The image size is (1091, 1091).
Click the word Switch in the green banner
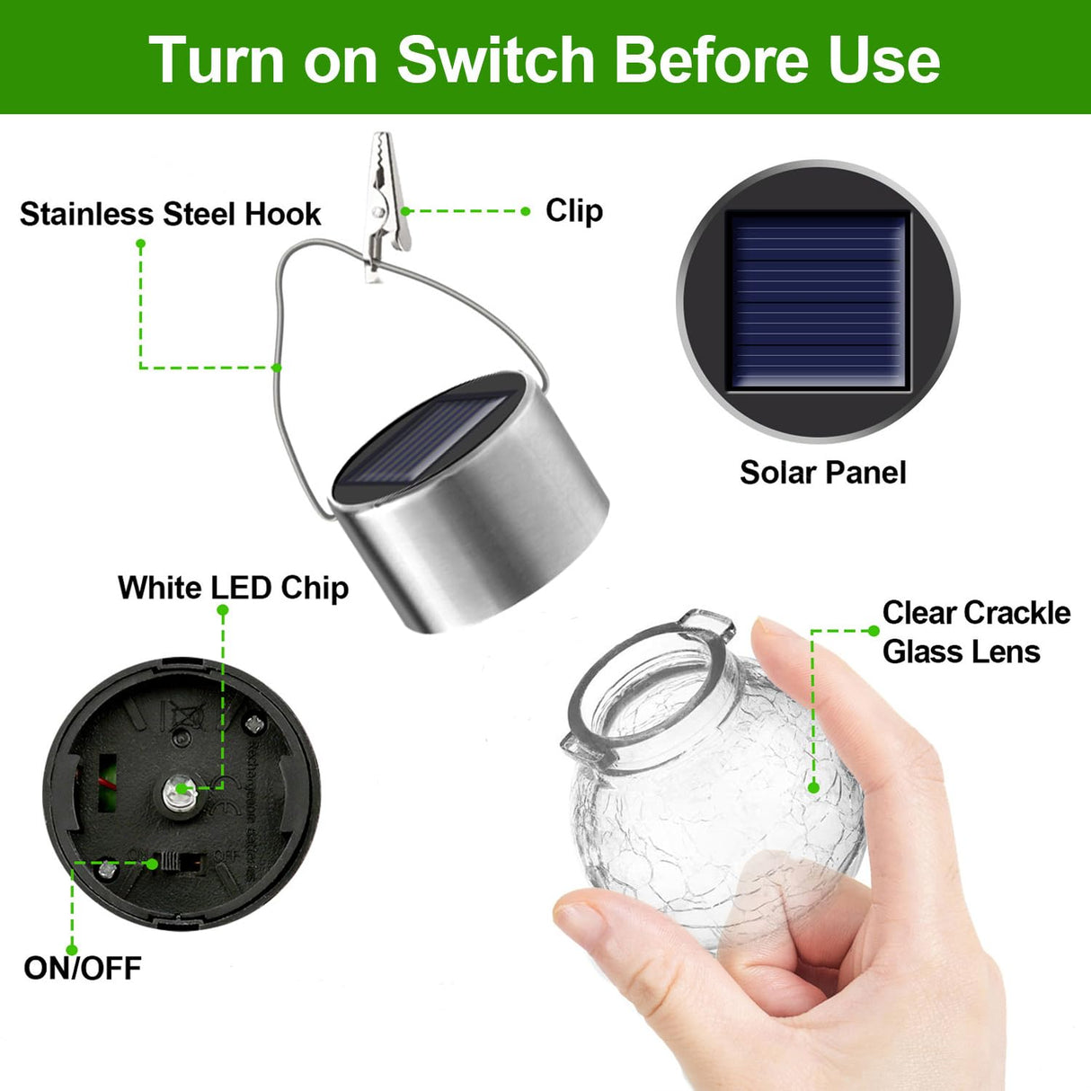point(497,59)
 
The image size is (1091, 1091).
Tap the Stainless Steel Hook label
point(170,214)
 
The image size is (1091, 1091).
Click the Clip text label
point(573,210)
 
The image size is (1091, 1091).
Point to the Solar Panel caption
point(822,473)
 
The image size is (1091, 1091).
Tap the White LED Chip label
point(233,588)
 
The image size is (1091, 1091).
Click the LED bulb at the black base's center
point(176,792)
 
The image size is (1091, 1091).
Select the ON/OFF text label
point(83,968)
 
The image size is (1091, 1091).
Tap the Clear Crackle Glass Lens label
point(976,632)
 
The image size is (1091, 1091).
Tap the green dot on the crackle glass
point(813,787)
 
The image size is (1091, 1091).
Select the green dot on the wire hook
point(277,367)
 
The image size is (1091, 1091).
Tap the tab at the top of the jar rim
point(706,621)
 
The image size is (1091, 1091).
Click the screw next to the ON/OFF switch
point(108,869)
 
